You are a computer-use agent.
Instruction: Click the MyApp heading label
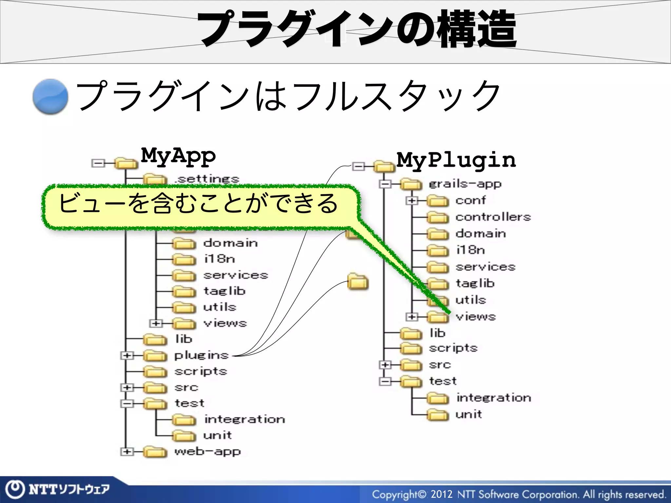178,156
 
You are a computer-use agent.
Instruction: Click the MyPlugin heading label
456,160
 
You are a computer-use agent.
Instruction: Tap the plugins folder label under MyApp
201,355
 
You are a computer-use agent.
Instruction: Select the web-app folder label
208,452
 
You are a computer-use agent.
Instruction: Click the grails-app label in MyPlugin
465,184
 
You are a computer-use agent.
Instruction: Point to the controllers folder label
493,217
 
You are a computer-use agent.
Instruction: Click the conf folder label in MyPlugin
470,200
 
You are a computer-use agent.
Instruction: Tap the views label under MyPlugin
476,317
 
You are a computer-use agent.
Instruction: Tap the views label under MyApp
225,323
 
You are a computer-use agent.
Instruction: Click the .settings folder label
207,179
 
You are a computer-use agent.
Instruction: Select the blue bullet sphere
50,97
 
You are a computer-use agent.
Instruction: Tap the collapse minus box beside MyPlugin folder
358,167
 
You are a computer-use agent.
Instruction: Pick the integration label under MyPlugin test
494,398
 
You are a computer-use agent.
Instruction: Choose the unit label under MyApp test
218,435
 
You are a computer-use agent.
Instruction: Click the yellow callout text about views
198,204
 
